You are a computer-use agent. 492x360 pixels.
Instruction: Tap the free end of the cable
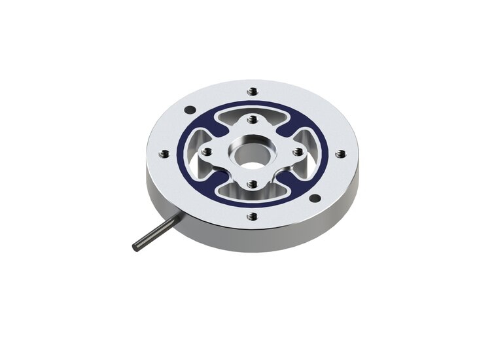[134, 246]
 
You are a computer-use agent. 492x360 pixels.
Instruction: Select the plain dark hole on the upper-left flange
[190, 109]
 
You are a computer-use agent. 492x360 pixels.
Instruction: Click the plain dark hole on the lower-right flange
[315, 198]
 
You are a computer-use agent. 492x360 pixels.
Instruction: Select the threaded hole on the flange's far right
[340, 154]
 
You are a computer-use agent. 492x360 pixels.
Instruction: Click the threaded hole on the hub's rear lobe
[253, 120]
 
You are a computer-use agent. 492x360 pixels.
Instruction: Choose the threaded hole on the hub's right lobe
[298, 151]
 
